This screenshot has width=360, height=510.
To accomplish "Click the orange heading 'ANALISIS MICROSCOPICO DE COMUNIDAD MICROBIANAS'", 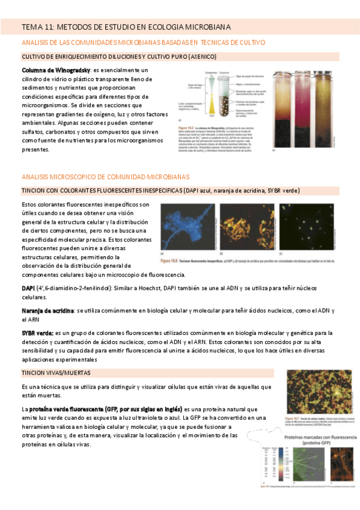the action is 105,177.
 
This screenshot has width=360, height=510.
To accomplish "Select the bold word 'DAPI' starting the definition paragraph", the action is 28,289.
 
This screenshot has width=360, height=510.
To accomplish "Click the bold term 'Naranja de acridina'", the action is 47,311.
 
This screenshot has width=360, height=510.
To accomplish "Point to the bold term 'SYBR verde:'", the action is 37,333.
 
